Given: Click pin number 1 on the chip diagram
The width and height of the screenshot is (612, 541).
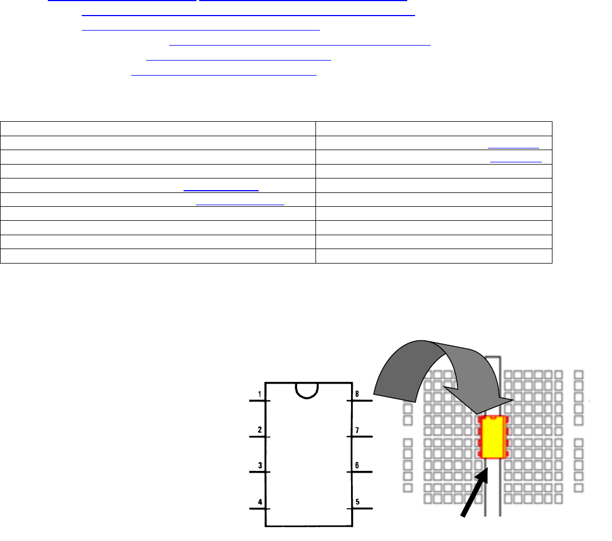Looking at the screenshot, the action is pos(260,394).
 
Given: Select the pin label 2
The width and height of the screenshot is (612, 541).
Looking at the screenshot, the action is pos(260,430).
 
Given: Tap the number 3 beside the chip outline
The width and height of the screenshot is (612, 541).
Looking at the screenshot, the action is pos(260,465).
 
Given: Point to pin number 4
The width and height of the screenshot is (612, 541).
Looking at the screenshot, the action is pos(260,502).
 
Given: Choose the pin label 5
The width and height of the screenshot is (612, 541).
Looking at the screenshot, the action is pos(357,502).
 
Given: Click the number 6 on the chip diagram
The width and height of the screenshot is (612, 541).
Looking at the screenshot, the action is pos(357,465).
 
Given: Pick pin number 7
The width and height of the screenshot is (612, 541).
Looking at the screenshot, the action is pos(357,430).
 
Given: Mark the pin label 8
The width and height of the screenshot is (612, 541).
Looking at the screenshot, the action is pos(357,394).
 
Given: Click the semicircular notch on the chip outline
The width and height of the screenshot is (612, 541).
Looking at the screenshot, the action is pos(307,398).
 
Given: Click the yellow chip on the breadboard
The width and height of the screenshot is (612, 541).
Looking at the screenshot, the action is pos(493,437).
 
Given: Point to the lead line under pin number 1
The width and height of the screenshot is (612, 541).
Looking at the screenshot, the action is pos(260,400).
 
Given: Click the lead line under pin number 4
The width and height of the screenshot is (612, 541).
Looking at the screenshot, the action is pos(260,509).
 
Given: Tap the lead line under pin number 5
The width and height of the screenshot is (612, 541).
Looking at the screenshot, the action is pos(359,509).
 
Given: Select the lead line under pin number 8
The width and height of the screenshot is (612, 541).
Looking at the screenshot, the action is pos(359,400).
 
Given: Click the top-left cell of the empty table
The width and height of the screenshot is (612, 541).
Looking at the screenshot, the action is pos(157,128).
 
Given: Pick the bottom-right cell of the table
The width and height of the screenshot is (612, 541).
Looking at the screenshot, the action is pos(433,256).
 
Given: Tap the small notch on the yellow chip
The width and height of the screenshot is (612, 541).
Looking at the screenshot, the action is pos(493,418).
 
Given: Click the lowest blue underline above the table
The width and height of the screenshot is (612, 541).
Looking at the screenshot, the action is pos(224,75).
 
